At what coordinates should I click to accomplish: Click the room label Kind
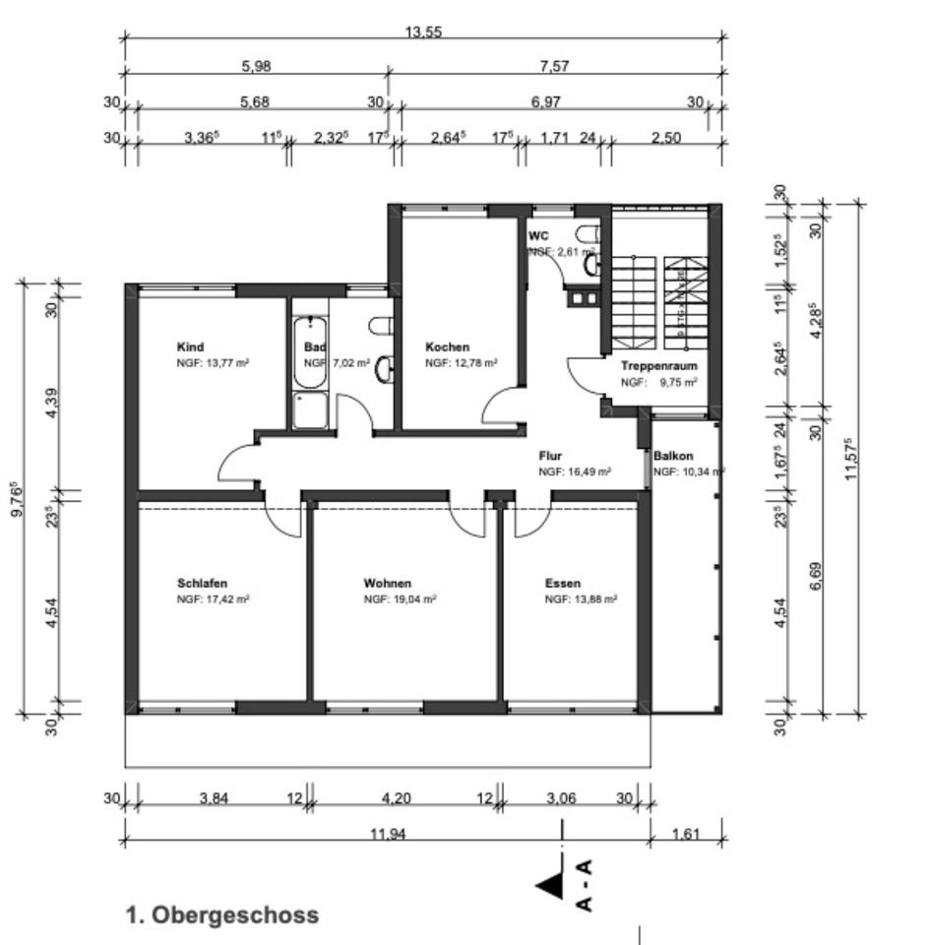190,347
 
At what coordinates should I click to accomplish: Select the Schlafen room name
202,584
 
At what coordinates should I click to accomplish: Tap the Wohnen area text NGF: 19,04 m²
400,598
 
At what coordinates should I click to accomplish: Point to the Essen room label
562,584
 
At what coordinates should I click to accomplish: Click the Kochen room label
447,347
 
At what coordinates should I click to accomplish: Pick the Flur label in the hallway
549,457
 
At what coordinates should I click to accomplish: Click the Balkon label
674,457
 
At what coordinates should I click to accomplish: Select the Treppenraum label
658,366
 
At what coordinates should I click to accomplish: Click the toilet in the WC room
588,237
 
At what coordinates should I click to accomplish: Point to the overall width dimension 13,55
423,32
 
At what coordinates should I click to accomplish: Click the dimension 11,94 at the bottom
389,834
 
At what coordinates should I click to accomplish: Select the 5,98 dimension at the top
256,67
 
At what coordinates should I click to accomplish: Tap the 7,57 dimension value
554,67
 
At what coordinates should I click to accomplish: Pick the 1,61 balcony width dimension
685,834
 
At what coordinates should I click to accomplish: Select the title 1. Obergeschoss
222,914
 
